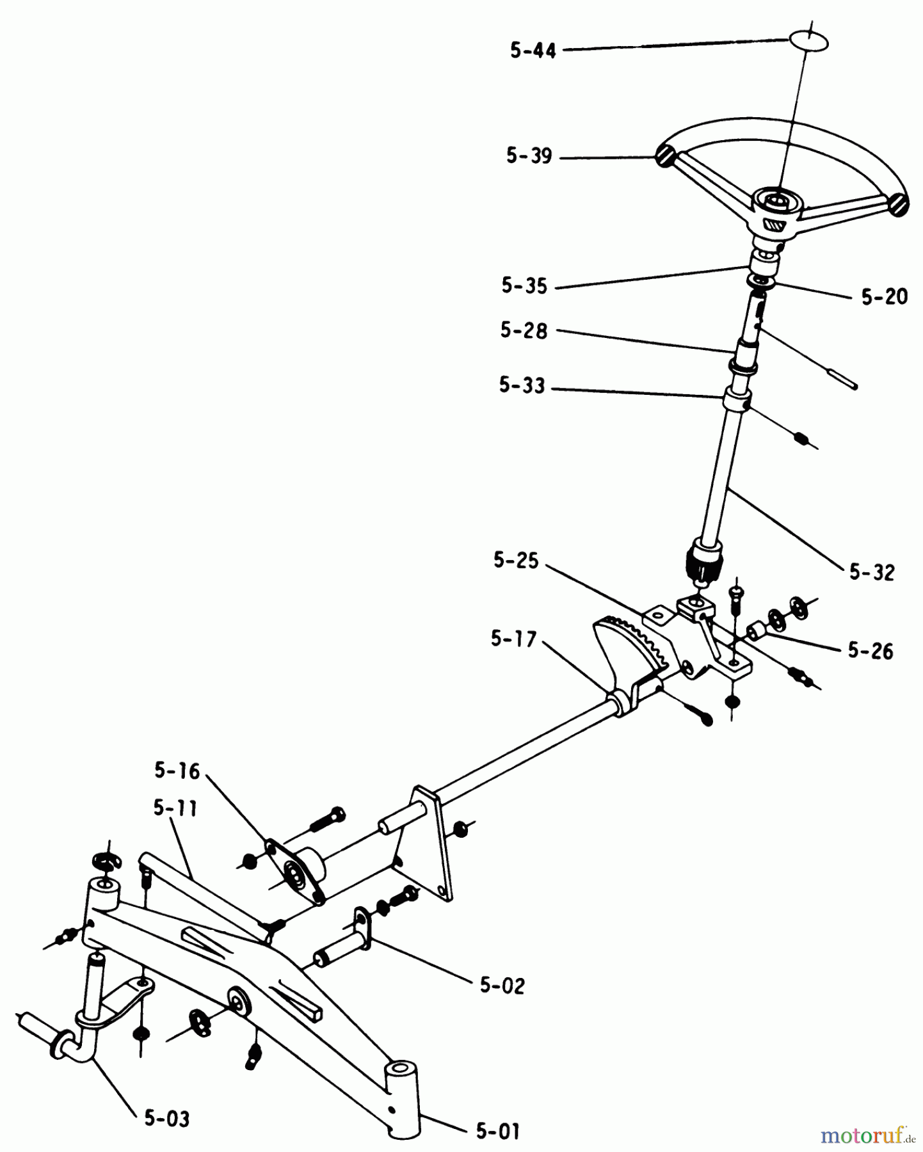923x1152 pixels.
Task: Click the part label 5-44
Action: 533,51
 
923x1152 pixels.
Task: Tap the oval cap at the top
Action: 809,42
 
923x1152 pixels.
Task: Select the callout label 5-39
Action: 529,156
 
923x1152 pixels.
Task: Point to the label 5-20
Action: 884,296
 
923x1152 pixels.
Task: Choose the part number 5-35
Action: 524,285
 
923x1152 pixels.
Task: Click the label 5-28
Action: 524,330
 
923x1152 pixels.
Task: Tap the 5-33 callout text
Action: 522,385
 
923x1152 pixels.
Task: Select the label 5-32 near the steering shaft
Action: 872,572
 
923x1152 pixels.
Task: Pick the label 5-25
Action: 516,561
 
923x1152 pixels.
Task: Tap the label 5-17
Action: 513,638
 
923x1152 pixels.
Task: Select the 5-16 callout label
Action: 177,771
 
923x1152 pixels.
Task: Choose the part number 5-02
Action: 502,985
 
